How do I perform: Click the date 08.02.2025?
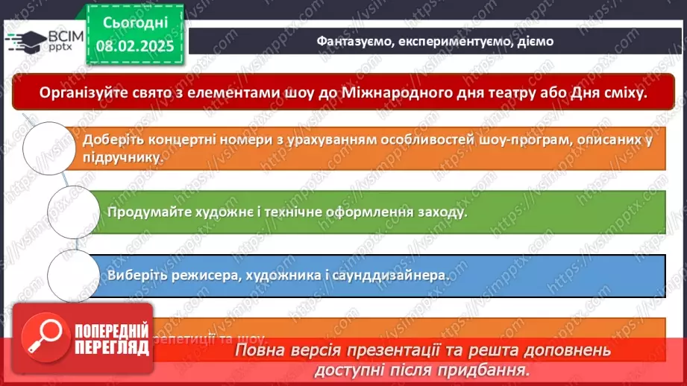[x=134, y=47]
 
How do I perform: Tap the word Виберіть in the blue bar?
[x=135, y=275]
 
